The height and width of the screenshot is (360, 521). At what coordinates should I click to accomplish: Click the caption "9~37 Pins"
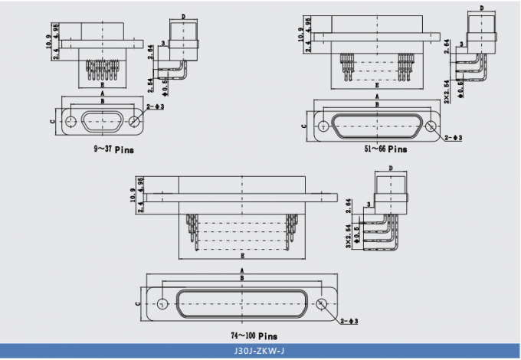pos(113,150)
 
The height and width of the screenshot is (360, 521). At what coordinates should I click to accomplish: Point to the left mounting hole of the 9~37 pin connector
pos(71,122)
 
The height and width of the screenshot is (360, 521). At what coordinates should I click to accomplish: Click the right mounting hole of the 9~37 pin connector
pos(135,122)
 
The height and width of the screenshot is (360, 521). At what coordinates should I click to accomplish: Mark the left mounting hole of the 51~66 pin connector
pos(324,127)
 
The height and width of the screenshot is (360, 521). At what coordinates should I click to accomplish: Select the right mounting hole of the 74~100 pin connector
pos(321,303)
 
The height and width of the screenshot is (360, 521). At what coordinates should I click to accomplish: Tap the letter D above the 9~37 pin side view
pos(183,15)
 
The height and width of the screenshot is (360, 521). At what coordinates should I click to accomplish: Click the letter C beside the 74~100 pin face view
pos(138,303)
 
